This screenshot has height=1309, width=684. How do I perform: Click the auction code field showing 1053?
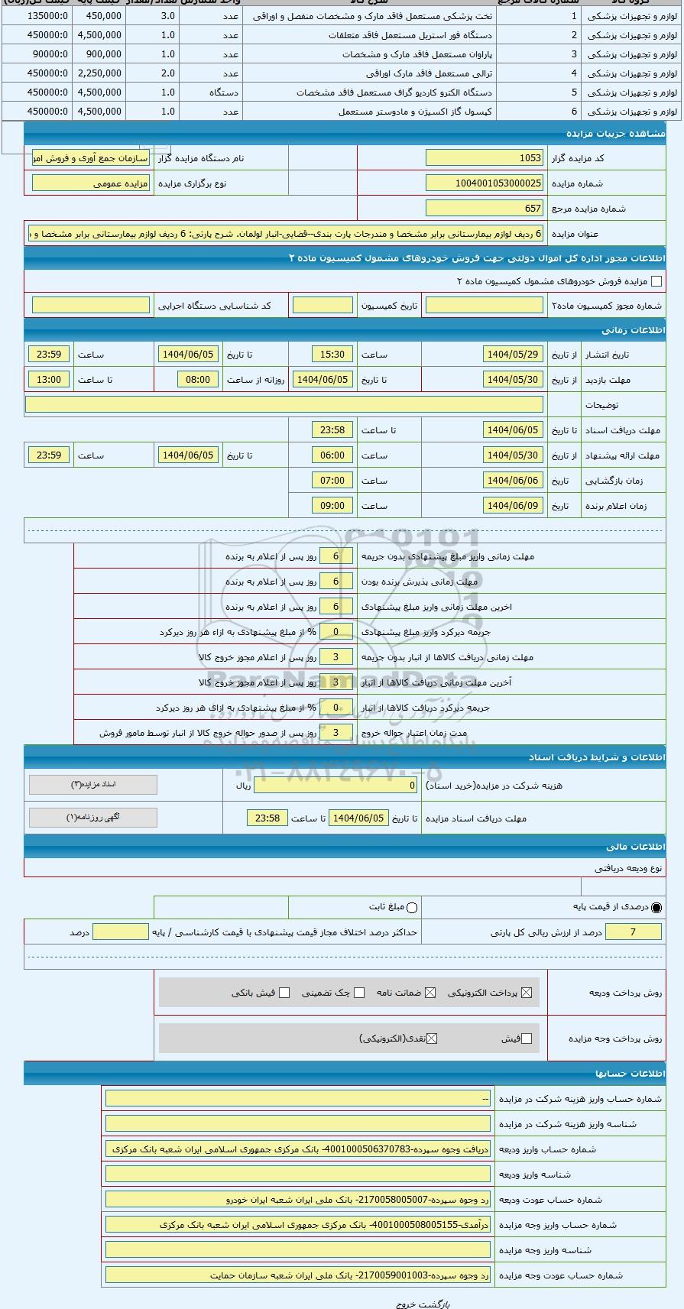tap(485, 158)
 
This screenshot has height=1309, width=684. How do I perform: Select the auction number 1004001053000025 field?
tap(485, 183)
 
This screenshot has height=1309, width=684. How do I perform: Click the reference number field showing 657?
tap(485, 208)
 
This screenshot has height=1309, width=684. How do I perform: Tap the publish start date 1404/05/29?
tap(513, 355)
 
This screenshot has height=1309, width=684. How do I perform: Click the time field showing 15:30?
tap(332, 355)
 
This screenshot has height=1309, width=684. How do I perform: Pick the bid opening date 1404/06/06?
tap(513, 481)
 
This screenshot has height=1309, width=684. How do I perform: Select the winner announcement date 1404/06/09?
tap(513, 506)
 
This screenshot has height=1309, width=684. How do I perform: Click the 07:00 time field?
tap(332, 481)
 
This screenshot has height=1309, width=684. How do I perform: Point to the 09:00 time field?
tap(332, 506)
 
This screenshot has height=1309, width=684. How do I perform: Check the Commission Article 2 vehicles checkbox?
tap(656, 281)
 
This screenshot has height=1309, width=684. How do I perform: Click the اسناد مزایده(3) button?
tap(93, 785)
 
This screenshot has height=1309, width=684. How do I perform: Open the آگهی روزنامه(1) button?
tap(93, 818)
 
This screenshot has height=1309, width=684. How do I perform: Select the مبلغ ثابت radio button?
tap(412, 908)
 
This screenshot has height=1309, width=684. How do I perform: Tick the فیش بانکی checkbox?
tap(284, 993)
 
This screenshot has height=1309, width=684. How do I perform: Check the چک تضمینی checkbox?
tap(359, 993)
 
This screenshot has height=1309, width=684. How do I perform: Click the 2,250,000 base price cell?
tap(99, 73)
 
